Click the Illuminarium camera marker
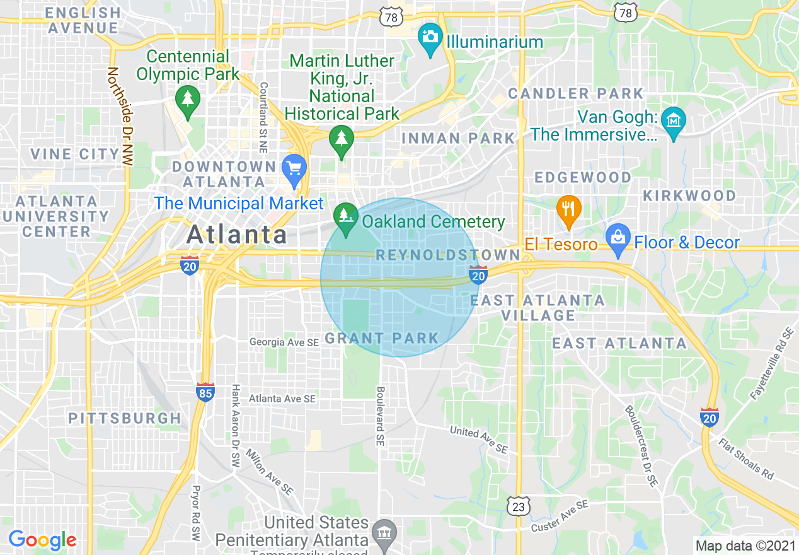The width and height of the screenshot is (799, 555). click(x=430, y=38)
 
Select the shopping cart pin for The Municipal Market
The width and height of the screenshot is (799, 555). click(x=294, y=169)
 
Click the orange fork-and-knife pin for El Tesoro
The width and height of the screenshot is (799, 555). click(x=568, y=210)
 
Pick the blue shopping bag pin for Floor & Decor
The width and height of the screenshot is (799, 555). click(x=618, y=239)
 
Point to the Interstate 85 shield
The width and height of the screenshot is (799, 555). click(x=205, y=392)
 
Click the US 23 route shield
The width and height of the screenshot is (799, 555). click(x=519, y=506)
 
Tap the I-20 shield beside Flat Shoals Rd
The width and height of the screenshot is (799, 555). click(x=710, y=417)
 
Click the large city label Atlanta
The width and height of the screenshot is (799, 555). click(x=237, y=235)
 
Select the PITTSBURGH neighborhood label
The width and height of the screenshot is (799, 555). click(x=125, y=418)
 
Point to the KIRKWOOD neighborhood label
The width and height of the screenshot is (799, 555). click(x=689, y=196)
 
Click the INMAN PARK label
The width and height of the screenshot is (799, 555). click(x=458, y=138)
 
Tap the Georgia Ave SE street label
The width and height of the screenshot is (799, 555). click(x=284, y=342)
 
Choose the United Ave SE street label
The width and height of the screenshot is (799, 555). click(x=478, y=440)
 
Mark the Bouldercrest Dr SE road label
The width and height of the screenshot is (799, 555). click(x=641, y=444)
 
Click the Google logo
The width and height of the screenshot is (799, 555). click(x=42, y=540)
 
